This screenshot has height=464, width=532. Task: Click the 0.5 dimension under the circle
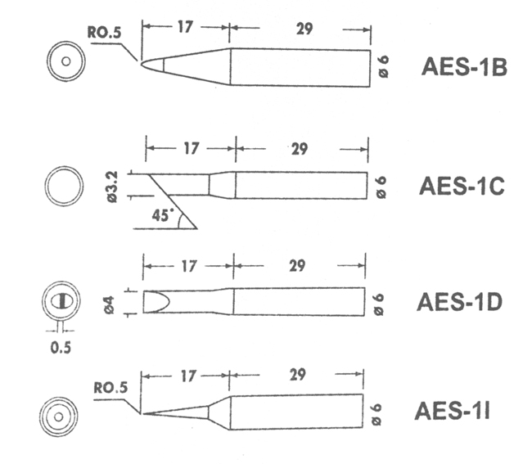point(61,347)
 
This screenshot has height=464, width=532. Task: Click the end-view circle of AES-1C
point(64,187)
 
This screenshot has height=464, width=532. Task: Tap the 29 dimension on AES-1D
point(298,265)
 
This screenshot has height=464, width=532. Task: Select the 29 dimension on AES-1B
point(298,28)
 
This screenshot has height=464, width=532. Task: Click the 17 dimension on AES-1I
point(187,376)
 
